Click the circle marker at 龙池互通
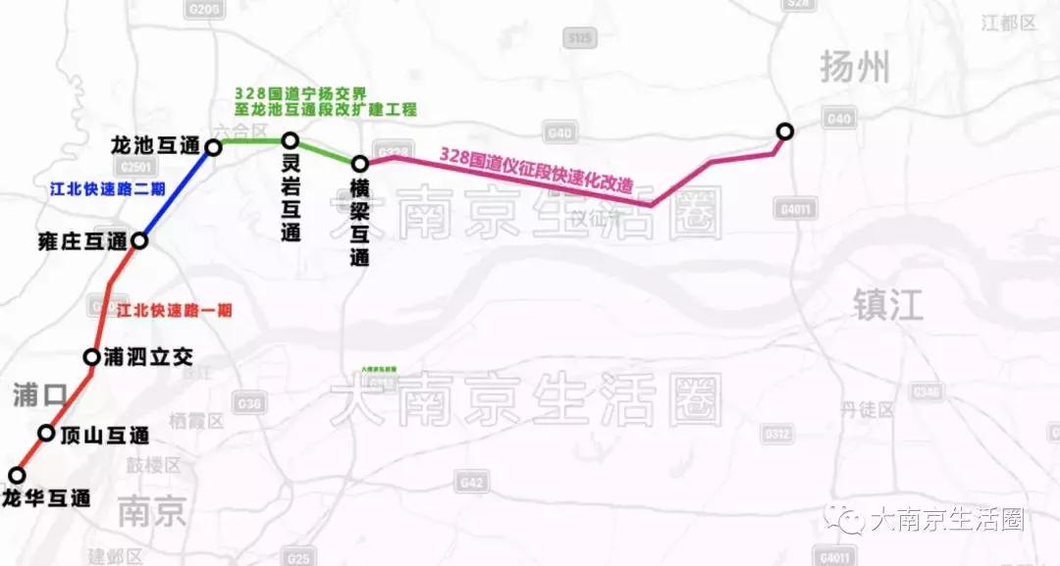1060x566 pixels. coord(213,149)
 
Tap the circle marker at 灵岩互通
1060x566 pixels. coord(291,141)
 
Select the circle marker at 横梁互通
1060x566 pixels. coord(360,164)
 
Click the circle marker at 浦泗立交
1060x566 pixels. coord(92,357)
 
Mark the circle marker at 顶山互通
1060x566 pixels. coord(46,433)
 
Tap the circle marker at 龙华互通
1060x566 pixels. coord(17,476)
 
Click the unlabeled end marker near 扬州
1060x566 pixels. coord(784,131)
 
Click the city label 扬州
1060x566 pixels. coord(855,68)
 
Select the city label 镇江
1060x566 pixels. coord(888,305)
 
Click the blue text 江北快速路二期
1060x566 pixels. coord(107,188)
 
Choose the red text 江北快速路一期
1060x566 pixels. coord(174,310)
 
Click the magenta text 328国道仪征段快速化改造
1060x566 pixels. coord(535,170)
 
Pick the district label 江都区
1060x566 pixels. coord(1008,23)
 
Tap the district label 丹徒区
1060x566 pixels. coord(868,409)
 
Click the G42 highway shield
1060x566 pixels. coord(471,483)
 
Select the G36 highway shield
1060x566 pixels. coord(250,403)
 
